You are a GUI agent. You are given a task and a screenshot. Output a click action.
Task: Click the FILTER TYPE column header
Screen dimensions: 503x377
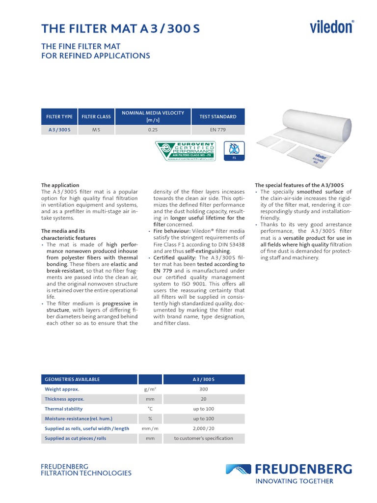pos(59,117)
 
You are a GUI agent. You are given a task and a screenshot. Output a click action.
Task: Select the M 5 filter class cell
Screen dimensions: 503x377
pos(96,130)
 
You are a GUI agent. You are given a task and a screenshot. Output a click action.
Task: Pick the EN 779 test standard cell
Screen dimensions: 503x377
pos(217,130)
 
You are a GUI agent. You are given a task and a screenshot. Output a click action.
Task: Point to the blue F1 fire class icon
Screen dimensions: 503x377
pos(234,150)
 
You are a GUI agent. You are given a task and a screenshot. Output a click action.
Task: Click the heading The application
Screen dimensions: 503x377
pos(60,185)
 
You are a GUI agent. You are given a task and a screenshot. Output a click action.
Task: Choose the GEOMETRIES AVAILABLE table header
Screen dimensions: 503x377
pos(72,379)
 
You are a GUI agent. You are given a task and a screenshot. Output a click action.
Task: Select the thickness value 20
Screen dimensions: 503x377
pos(203,399)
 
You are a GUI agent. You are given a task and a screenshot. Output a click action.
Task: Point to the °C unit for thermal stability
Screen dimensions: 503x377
pos(150,409)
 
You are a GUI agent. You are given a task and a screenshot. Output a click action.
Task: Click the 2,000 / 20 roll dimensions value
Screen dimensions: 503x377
pos(203,428)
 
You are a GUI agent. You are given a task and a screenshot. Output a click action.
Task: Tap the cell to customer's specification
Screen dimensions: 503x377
pos(203,438)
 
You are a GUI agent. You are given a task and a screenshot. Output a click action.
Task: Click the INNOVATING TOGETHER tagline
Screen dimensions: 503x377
pos(295,481)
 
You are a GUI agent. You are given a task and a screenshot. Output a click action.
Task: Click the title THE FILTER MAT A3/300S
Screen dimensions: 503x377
pos(121,29)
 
